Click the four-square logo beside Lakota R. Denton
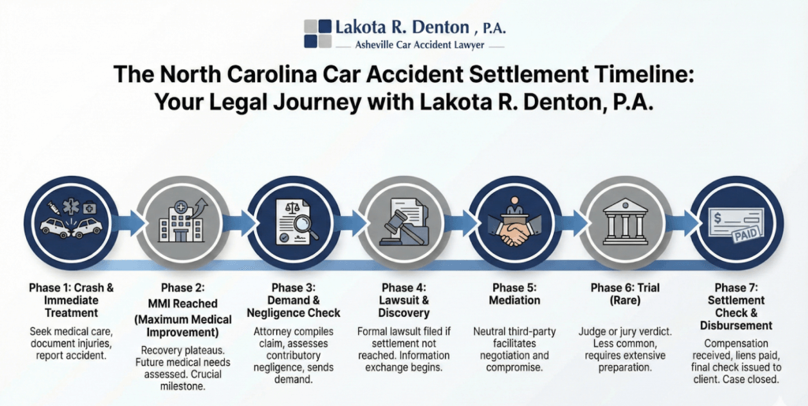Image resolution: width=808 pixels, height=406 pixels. pos(317,34)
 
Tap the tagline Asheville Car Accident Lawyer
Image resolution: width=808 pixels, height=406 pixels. pos(420,45)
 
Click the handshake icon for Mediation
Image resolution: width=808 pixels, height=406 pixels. pos(514,235)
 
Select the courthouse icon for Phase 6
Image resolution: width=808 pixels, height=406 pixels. pos(625,223)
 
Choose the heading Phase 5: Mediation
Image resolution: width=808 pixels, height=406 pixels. pos(514,294)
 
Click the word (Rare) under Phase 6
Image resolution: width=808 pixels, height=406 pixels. pos(625,300)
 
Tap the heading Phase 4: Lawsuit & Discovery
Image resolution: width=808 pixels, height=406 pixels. pos(403,300)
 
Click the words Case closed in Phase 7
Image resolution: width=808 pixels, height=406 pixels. pos(758,380)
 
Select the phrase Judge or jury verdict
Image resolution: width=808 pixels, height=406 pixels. pos(625,332)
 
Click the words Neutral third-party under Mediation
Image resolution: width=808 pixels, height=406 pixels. pos(514,332)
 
